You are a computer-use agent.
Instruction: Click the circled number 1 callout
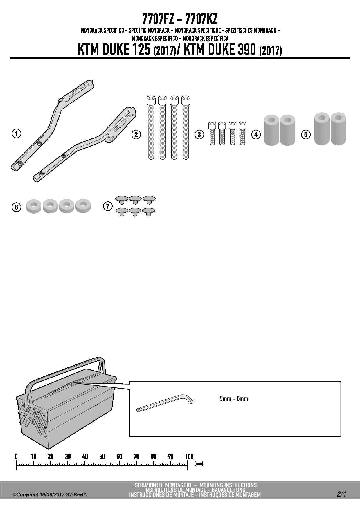pos(17,134)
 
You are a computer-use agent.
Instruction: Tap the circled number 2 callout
pos(136,134)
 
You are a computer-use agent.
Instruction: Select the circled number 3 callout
pos(199,134)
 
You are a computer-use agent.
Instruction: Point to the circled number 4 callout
pos(256,134)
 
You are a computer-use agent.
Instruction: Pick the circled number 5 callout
pos(306,134)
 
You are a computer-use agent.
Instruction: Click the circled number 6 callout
pos(17,207)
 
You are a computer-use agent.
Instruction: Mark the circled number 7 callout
pos(108,206)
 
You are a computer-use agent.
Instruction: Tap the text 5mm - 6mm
pos(234,398)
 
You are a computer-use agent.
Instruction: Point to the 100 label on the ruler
pos(189,456)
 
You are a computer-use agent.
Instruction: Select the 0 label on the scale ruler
pos(16,456)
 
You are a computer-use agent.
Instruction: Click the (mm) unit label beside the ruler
pos(199,464)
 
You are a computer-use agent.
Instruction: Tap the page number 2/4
pos(341,494)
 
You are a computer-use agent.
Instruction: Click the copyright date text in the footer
pos(51,494)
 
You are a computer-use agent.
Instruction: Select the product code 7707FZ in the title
pos(158,19)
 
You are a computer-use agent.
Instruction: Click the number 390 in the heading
pos(246,50)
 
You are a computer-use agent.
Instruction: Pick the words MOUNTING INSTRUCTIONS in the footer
pos(228,485)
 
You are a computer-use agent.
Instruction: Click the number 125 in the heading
pos(141,50)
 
